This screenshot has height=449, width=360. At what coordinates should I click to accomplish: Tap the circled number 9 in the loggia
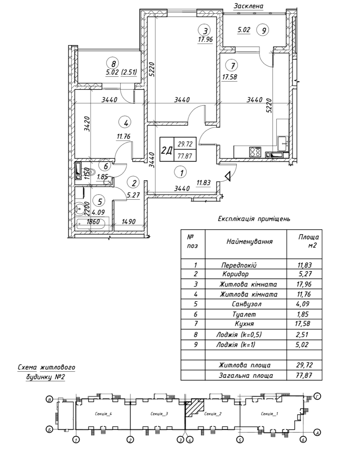point(263,30)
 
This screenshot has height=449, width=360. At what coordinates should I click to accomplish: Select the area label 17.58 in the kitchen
point(230,77)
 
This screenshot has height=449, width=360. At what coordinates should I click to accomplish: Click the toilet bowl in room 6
point(91,172)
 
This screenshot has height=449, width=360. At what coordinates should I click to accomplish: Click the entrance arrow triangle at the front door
point(228,177)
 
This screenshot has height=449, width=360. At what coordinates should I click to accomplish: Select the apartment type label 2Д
point(166,150)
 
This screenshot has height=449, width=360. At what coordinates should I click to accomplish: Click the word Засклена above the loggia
point(249,6)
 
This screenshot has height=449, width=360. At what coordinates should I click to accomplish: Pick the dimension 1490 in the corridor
point(128,222)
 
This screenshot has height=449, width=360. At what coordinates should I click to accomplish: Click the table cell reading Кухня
point(244,324)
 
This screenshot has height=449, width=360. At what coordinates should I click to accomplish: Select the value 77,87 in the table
point(304,375)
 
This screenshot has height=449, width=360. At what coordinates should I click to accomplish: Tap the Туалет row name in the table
point(244,314)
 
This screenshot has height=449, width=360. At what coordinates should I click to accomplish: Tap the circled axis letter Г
point(317,396)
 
